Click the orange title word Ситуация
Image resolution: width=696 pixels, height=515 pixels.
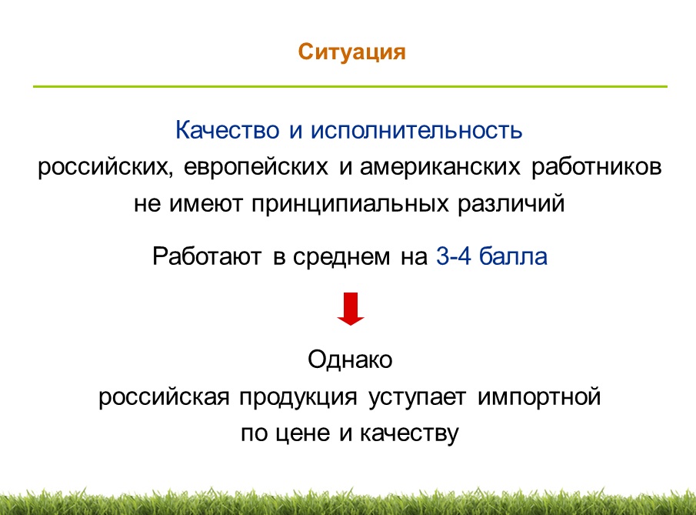(351, 53)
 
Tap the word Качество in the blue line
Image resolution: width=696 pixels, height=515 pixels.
(228, 130)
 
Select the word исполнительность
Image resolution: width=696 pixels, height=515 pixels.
(416, 130)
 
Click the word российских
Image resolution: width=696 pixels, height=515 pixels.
(105, 168)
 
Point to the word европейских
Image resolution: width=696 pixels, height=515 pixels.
(256, 168)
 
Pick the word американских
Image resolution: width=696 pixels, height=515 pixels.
(440, 168)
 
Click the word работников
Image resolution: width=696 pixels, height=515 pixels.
(597, 168)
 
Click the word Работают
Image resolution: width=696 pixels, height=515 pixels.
(207, 256)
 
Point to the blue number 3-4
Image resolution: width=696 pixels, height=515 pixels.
(453, 256)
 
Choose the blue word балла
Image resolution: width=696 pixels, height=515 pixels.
(513, 256)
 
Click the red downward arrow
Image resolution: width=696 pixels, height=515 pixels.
(351, 309)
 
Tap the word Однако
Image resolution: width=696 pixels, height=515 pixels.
(350, 359)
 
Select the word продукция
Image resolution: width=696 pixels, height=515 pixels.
(298, 396)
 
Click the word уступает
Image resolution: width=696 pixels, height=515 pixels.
(418, 397)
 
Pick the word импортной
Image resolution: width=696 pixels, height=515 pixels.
(539, 396)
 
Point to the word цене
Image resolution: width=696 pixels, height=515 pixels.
(303, 433)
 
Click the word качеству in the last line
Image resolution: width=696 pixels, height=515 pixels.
(409, 433)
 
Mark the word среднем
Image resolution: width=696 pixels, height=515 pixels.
(341, 257)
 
